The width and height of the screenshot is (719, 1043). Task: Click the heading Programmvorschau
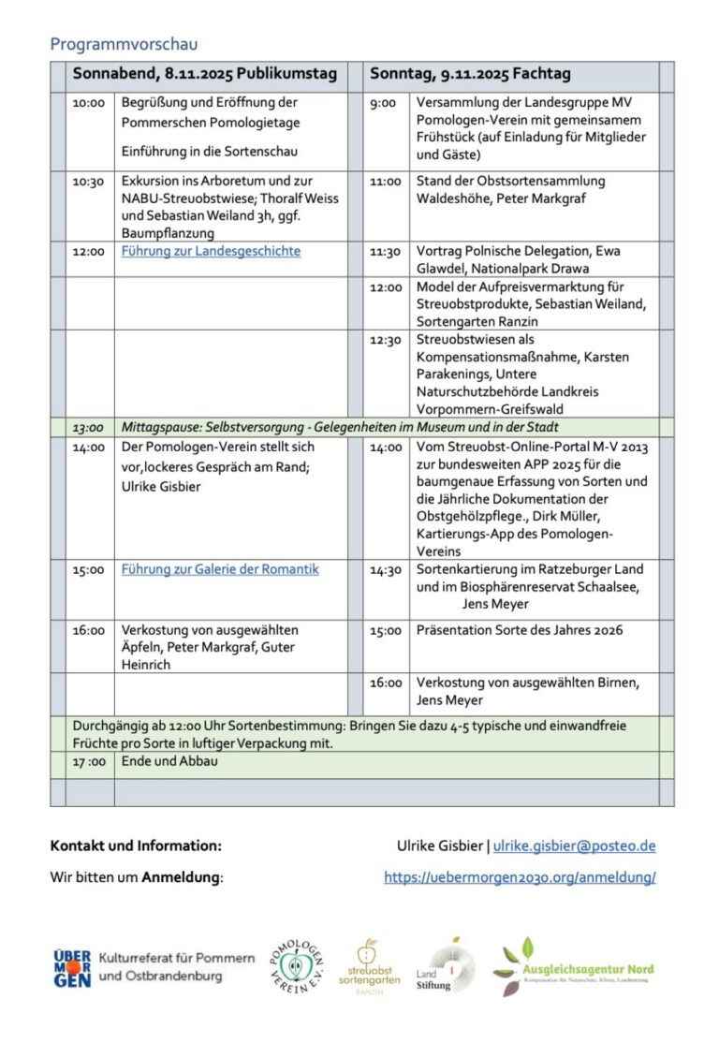[x=124, y=44]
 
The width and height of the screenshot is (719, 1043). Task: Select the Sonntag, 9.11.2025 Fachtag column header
[x=470, y=74]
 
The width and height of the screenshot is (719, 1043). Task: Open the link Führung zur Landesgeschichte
[x=211, y=251]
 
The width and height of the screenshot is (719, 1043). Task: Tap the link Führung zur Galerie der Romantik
[x=220, y=569]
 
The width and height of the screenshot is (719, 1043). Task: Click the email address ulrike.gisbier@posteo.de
[x=574, y=845]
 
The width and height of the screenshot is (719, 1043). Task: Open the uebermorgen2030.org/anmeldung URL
[x=520, y=877]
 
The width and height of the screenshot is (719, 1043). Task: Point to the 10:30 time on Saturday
[x=88, y=182]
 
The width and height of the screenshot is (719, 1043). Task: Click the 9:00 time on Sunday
[x=383, y=103]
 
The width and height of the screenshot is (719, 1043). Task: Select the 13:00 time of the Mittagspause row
[x=88, y=427]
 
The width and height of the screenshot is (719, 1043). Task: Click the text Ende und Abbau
[x=169, y=762]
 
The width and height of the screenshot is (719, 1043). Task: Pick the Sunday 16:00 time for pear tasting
[x=386, y=683]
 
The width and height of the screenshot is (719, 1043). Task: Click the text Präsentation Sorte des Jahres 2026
[x=520, y=630]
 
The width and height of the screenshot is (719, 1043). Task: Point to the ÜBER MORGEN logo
[x=72, y=968]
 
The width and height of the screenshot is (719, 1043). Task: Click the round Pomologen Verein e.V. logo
[x=297, y=968]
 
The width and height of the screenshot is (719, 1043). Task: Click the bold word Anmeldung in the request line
[x=181, y=877]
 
